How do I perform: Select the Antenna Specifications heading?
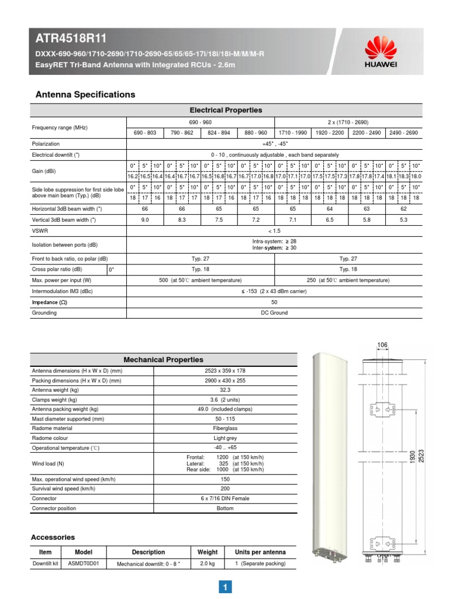click(85, 94)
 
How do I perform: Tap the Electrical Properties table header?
click(226, 110)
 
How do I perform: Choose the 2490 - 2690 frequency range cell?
click(403, 133)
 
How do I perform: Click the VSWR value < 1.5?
click(274, 230)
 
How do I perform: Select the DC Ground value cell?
click(274, 313)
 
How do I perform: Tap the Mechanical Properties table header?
click(163, 360)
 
